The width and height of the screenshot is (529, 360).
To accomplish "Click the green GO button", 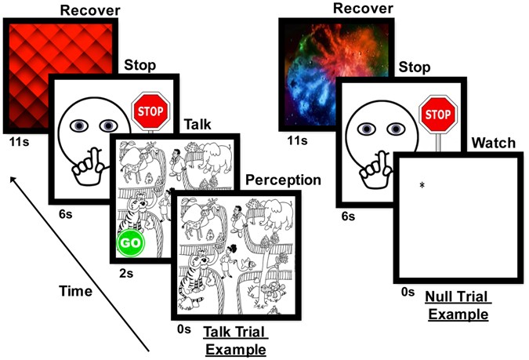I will click(131, 242).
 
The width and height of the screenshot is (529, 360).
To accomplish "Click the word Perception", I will click(284, 180).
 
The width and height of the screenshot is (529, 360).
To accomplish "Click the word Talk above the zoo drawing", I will click(197, 125).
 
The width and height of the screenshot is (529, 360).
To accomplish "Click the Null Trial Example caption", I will click(457, 306).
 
